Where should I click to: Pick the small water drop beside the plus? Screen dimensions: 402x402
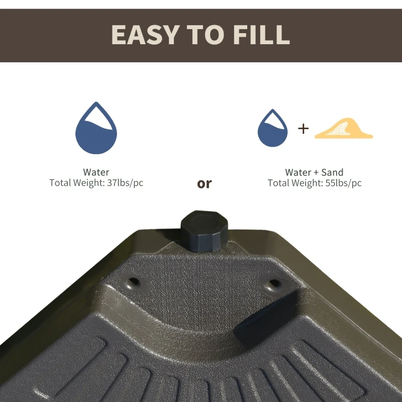(272, 130)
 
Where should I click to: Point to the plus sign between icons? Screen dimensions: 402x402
(303, 129)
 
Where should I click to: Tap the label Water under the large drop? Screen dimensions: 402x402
(96, 172)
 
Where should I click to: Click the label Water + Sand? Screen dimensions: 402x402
(314, 172)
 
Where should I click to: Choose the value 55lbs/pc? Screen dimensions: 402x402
(343, 183)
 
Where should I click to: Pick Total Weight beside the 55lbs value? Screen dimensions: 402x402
(295, 183)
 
